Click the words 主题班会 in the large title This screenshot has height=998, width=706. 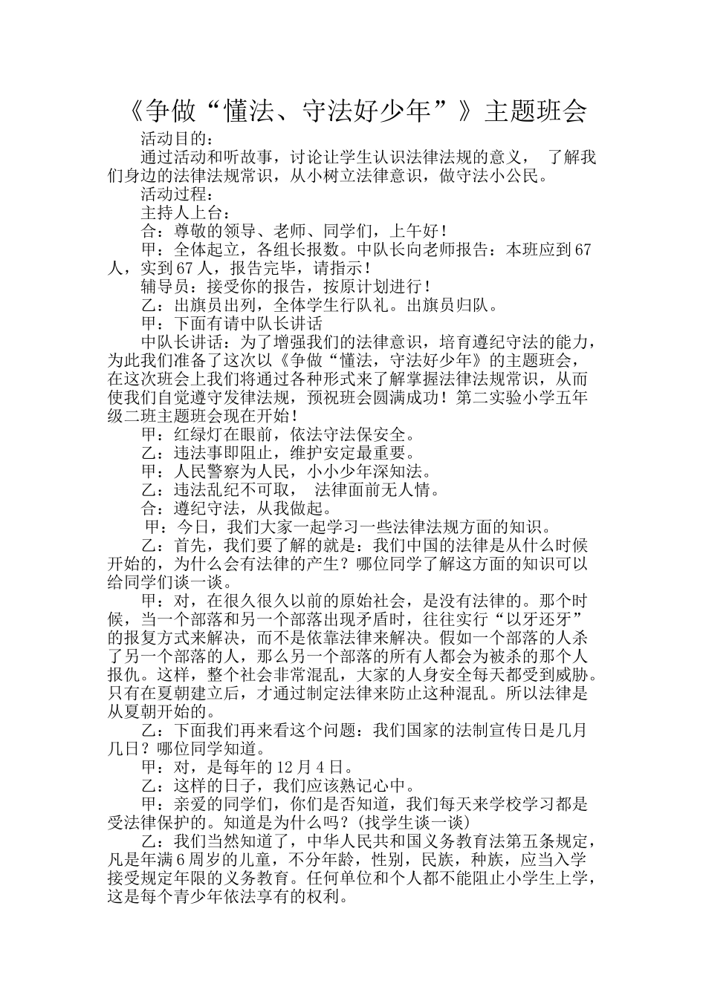[535, 111]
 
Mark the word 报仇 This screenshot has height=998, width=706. [124, 674]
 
